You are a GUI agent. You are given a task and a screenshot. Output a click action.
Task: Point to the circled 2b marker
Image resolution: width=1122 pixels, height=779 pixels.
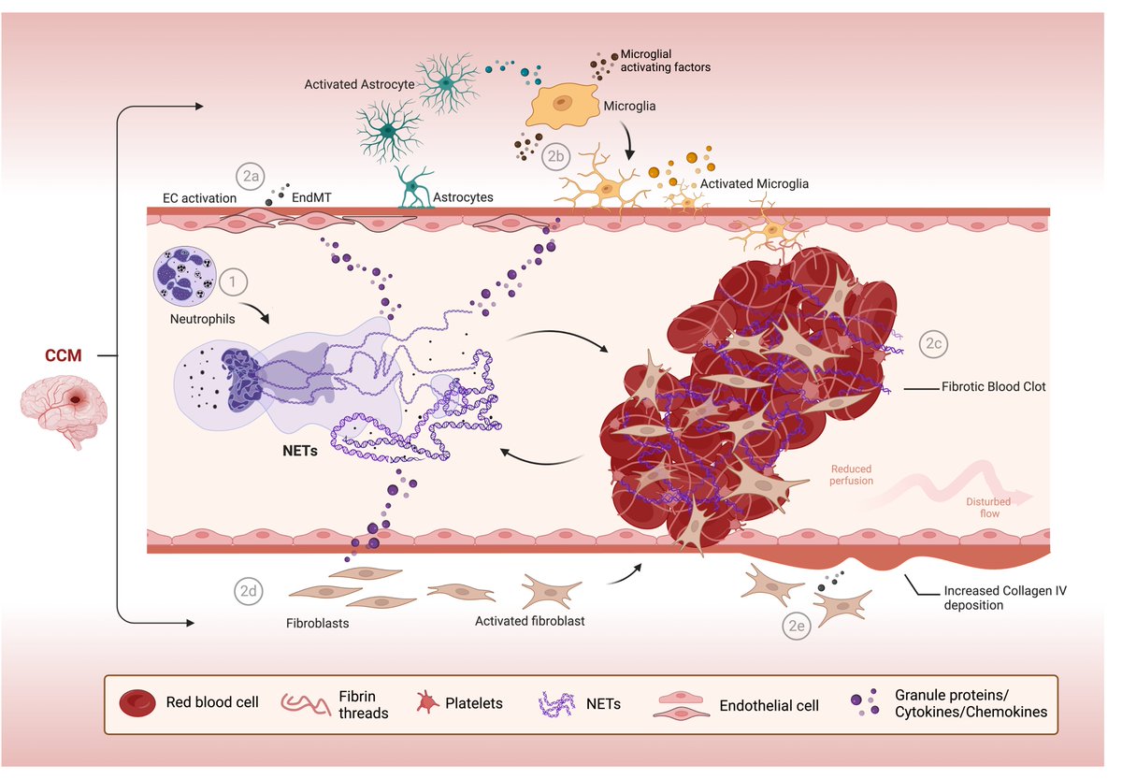pos(555,155)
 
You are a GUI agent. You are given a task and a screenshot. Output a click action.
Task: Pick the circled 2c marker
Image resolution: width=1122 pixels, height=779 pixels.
pos(934,343)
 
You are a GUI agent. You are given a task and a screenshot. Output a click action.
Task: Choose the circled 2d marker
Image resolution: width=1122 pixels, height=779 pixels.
pos(248,590)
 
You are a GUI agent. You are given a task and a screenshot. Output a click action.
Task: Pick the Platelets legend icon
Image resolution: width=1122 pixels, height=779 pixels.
pos(427,702)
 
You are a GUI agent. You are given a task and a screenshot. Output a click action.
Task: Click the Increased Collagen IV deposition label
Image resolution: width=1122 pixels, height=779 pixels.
pos(1004,598)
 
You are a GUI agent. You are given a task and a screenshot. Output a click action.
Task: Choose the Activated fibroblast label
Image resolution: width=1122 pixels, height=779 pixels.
pos(529,620)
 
